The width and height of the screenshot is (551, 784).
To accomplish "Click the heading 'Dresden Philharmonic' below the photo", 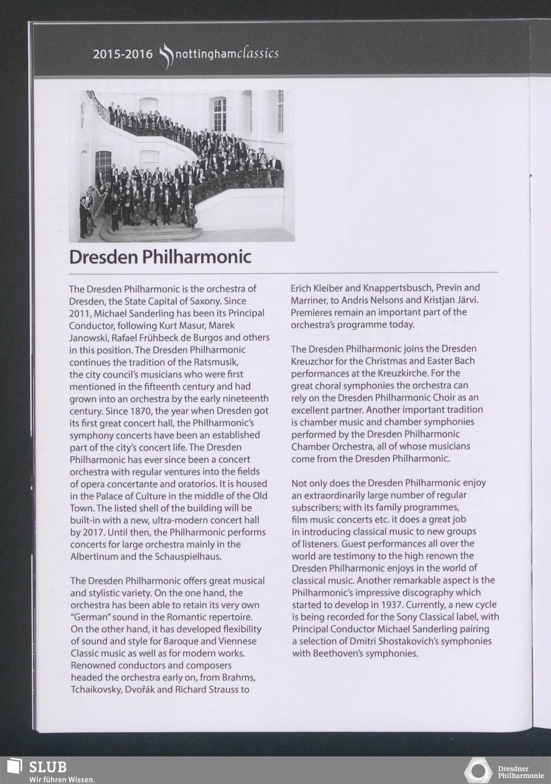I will [x=160, y=257].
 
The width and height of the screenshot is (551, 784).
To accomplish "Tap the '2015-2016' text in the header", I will [x=122, y=55].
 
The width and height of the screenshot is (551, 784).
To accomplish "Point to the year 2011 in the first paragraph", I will [x=80, y=313].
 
